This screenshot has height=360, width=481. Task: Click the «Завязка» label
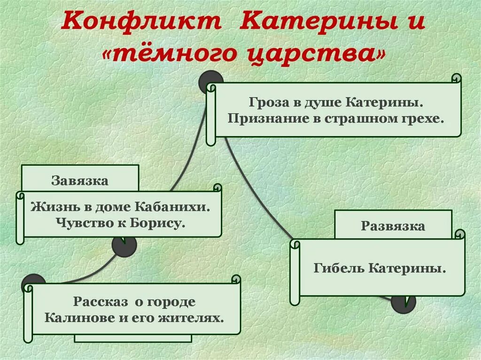pyautogui.click(x=80, y=181)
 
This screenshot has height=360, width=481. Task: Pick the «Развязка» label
pyautogui.click(x=393, y=226)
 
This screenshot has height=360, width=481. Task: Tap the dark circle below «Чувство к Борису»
pyautogui.click(x=124, y=245)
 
